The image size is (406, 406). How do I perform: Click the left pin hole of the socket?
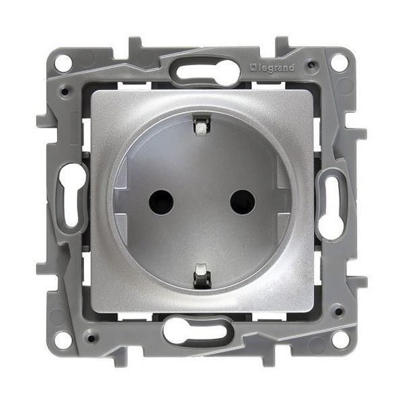[x=161, y=202]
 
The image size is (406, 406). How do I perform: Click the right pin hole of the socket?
[x=243, y=202]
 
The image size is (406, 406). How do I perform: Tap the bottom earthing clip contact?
[x=201, y=275]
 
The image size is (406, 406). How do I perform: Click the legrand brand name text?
[x=274, y=69]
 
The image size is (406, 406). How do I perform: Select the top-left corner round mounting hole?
[x=63, y=64]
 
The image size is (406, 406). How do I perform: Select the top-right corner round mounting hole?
[x=339, y=63]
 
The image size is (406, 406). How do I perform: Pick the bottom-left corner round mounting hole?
[x=63, y=338]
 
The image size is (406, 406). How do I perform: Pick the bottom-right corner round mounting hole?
[x=339, y=339]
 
